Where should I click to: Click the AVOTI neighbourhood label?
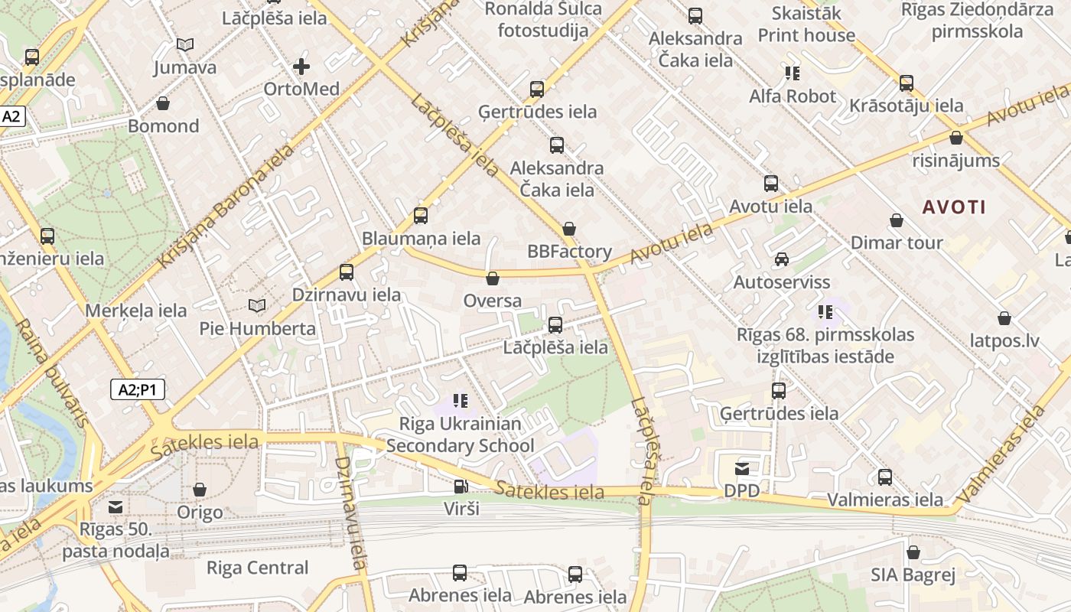pos(953,207)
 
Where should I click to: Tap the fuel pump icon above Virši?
pos(461,487)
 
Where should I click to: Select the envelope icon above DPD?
pos(741,468)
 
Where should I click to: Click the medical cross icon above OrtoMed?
pos(301,67)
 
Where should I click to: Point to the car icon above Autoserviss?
pos(781,259)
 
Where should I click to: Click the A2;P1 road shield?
pos(138,389)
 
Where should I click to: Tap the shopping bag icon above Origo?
pos(200,489)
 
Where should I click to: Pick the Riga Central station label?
pos(258,568)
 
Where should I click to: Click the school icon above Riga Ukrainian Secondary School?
pos(460,400)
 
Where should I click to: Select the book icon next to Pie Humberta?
pos(257,306)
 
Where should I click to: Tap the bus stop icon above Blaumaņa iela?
pos(421,216)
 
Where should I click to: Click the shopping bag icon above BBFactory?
pos(569,228)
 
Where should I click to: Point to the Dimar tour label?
pos(897,243)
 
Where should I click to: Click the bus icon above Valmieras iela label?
pos(885,477)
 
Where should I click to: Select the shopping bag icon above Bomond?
pos(163,103)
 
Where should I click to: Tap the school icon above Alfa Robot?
pos(792,73)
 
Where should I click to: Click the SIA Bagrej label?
pos(913,575)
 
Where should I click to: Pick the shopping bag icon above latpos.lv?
pos(1004,317)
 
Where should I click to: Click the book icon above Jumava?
pos(184,44)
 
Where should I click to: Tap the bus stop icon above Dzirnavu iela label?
pos(347,272)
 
